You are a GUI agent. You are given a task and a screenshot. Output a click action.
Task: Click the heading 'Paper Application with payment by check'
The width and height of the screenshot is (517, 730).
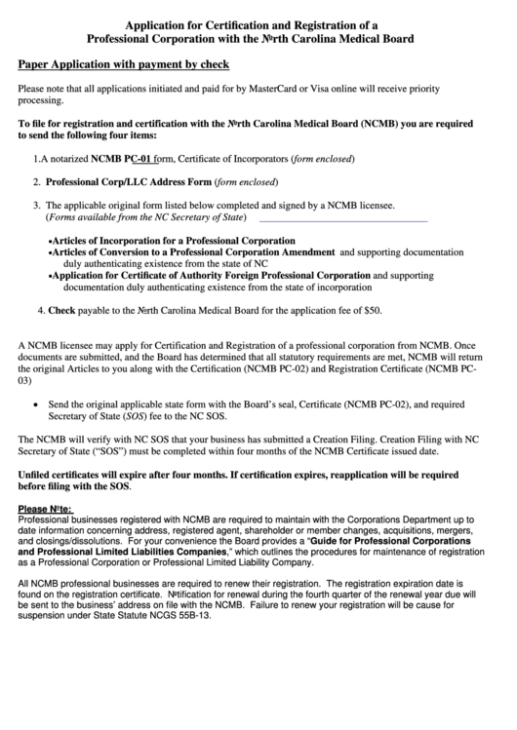coord(124,65)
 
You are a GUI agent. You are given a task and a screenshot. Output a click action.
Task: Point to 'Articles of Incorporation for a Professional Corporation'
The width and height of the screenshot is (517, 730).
coord(173,240)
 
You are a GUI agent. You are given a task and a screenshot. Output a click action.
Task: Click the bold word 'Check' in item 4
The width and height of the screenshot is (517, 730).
coord(61,311)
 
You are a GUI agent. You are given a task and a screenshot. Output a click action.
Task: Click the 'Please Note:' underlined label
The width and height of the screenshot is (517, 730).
coord(45,509)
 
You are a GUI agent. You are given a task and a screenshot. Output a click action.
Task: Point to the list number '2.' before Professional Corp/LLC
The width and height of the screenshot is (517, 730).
coord(36,182)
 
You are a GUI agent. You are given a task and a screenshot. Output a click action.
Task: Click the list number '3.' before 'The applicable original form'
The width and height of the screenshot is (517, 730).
coord(36,207)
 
